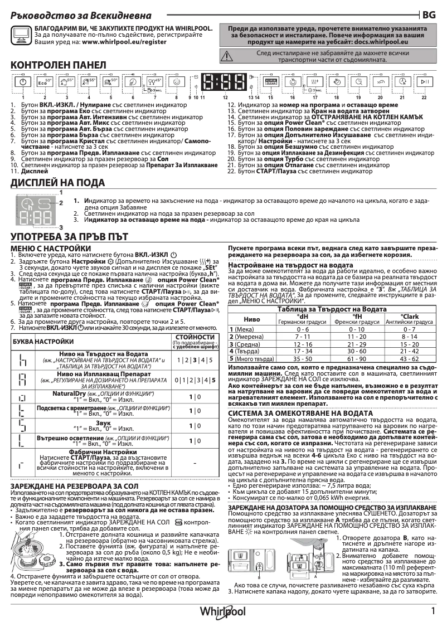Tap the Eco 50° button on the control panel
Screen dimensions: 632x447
(x=45, y=82)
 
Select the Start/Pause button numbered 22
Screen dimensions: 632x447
(x=424, y=82)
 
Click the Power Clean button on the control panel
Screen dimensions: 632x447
(x=270, y=82)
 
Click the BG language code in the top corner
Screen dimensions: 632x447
(x=429, y=14)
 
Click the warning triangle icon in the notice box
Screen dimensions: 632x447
(x=227, y=54)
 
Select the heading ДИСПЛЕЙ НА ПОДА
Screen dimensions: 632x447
(x=57, y=183)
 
